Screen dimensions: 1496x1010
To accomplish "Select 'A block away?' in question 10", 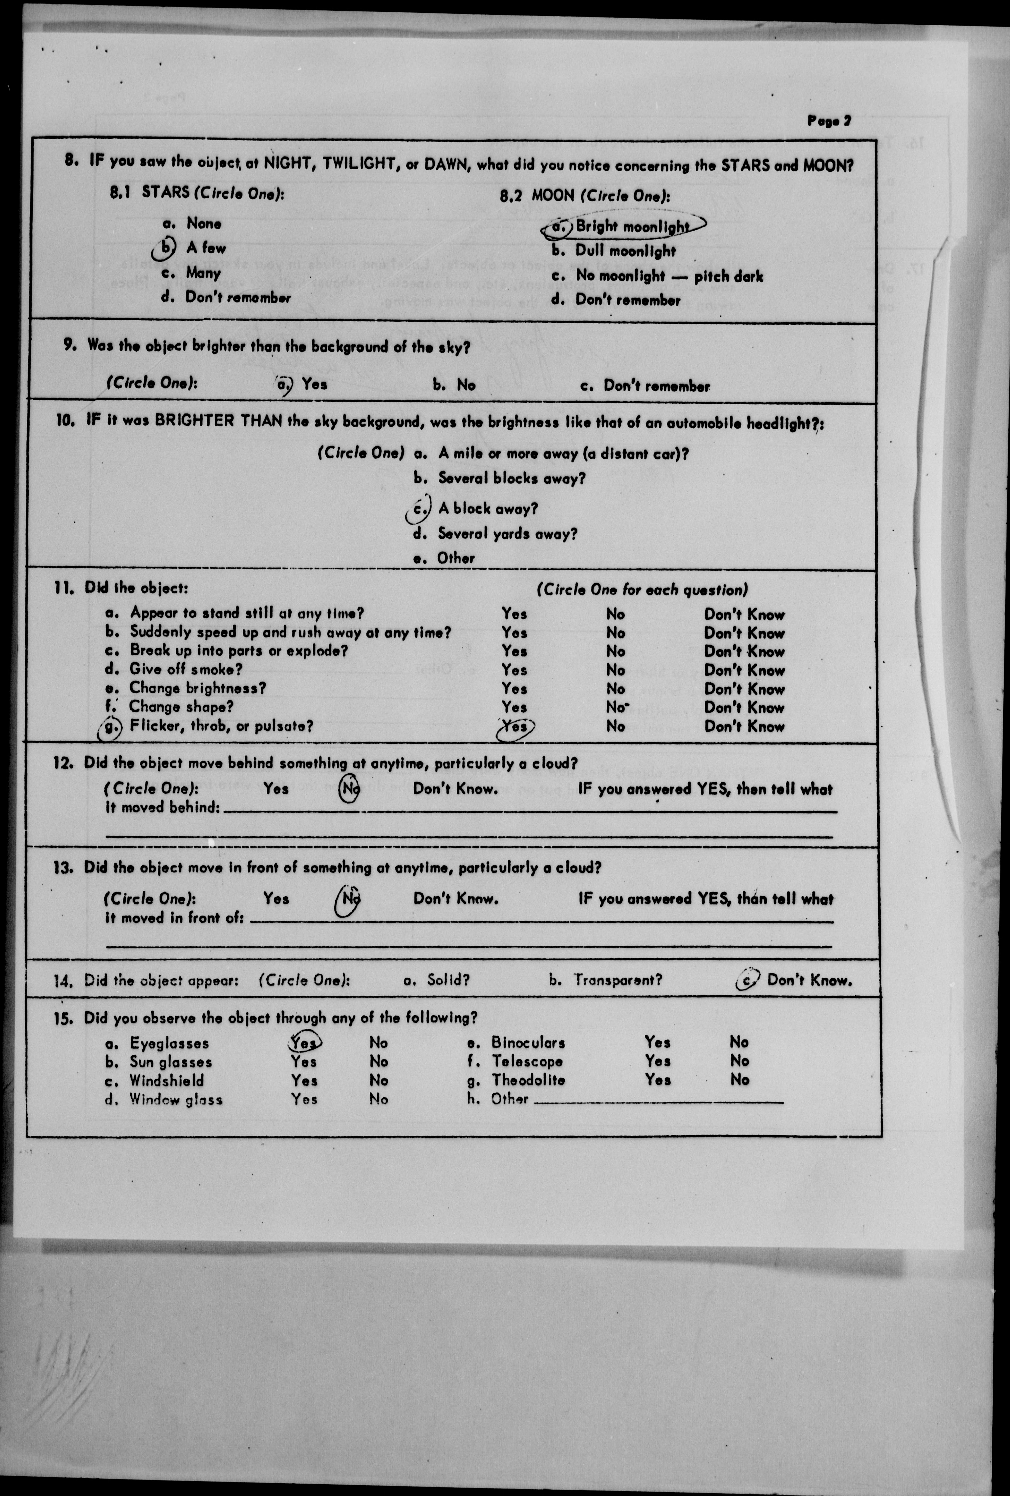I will click(x=487, y=509).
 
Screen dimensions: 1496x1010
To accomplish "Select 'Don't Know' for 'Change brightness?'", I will click(x=744, y=689).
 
